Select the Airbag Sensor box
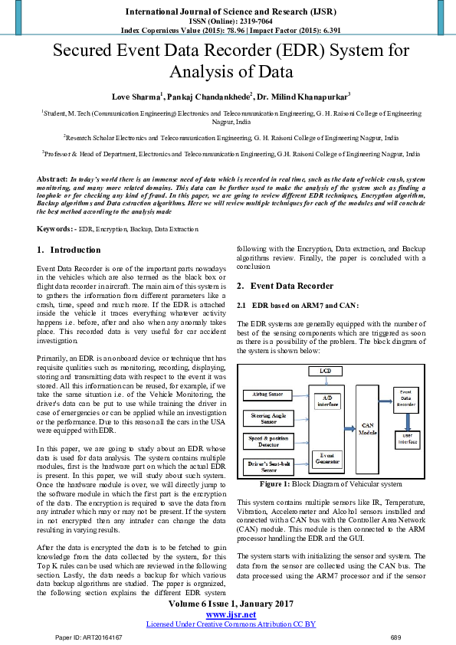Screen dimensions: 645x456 267,395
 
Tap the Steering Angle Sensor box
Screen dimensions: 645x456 267,417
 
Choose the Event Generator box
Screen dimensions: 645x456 328,458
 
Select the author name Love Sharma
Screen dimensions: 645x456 137,97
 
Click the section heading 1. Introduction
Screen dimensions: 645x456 69,250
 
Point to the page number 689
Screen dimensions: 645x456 395,637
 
